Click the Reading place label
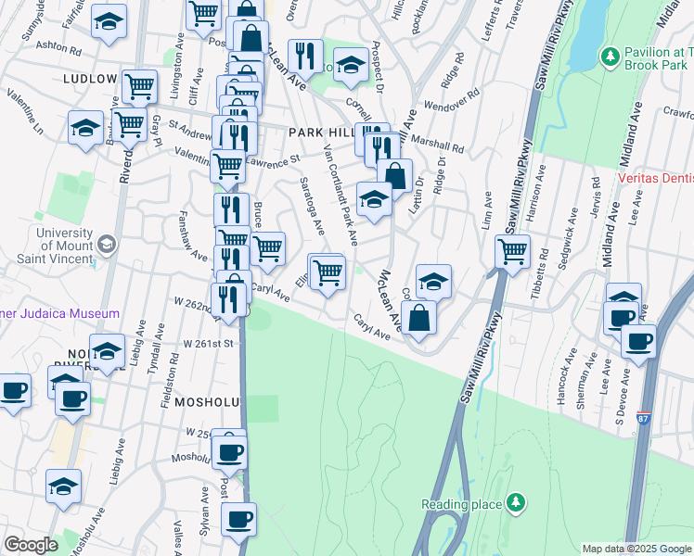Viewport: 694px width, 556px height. coord(460,504)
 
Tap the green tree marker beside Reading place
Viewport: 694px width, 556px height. coord(514,504)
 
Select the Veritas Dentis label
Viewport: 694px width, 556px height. coord(655,182)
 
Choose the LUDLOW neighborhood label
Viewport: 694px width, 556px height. coord(90,79)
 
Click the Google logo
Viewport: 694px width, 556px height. coord(32,544)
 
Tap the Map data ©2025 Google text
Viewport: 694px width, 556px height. coord(636,549)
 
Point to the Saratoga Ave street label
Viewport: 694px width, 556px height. coord(312,209)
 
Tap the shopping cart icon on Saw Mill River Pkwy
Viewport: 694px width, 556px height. coord(512,250)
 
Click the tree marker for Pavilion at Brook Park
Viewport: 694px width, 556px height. coord(610,57)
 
